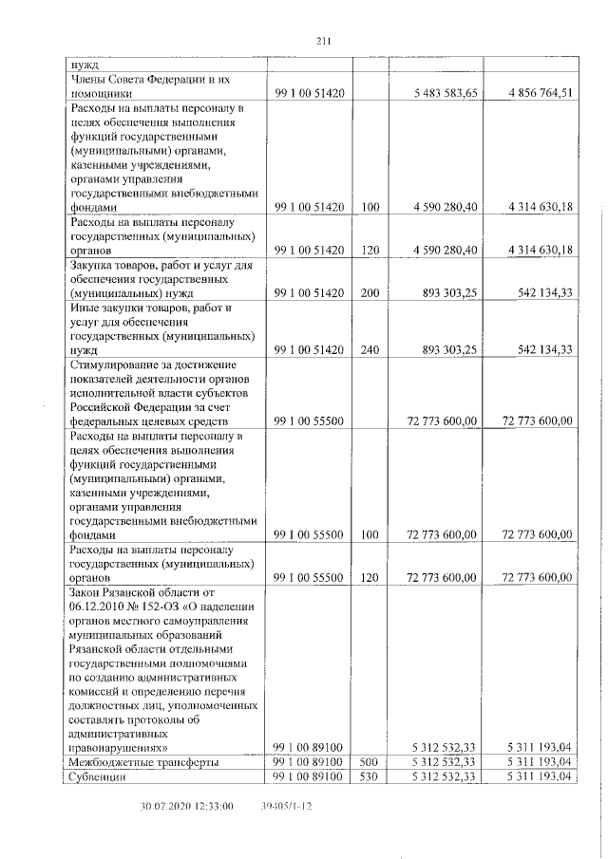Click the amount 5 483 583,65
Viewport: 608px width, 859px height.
pos(446,93)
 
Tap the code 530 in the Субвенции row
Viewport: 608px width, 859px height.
pos(370,777)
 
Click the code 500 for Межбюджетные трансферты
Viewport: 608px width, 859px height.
pos(370,762)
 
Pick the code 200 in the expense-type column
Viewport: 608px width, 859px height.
pos(370,295)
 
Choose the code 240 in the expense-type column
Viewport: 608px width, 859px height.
pos(370,350)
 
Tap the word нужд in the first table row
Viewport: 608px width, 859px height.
pos(84,65)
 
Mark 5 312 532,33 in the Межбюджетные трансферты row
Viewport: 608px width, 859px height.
pos(445,762)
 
